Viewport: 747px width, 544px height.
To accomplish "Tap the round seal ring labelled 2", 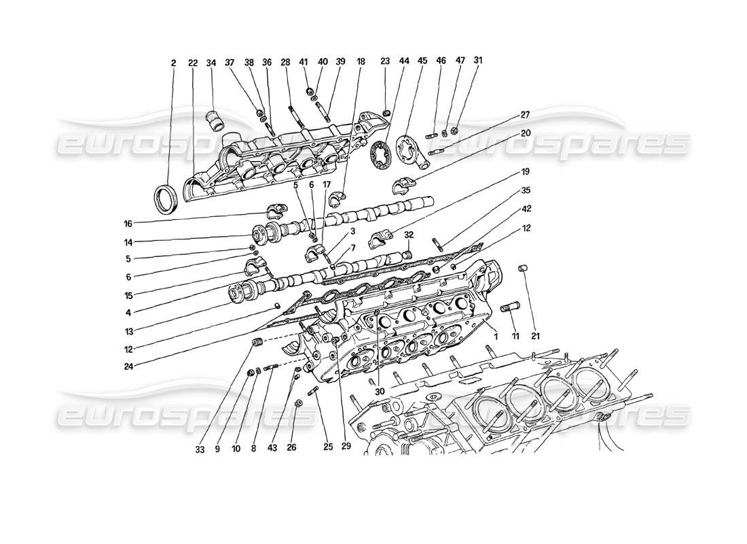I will (x=164, y=199).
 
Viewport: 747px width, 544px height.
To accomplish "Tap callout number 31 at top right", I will (x=478, y=61).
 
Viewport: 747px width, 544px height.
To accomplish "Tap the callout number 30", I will (x=378, y=392).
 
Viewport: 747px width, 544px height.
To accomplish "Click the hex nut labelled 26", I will (x=298, y=403).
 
